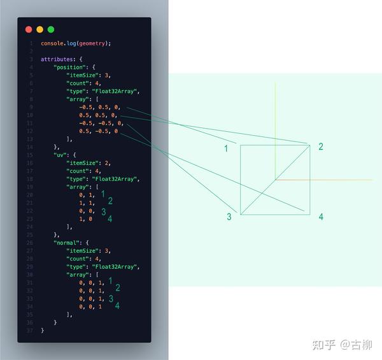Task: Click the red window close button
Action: click(x=29, y=29)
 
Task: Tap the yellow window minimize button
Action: click(x=39, y=29)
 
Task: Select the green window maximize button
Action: click(x=51, y=29)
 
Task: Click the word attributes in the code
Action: click(x=56, y=59)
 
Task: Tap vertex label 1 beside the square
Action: click(x=226, y=148)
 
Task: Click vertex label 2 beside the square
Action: click(x=321, y=147)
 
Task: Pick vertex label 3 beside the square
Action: click(x=229, y=217)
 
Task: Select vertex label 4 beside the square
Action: click(x=321, y=217)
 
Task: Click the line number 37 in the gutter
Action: click(x=30, y=331)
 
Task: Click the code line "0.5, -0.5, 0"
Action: click(x=99, y=131)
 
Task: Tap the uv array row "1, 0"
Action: click(x=86, y=219)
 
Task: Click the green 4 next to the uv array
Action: click(x=110, y=219)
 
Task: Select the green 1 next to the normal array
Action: click(x=110, y=280)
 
